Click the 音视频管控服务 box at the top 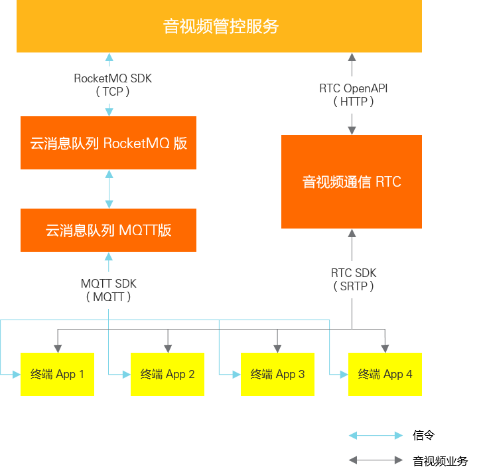tap(219, 27)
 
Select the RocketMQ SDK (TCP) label tap(112, 85)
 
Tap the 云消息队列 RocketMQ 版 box tap(108, 143)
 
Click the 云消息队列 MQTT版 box tap(108, 231)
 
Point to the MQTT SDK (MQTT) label tap(108, 290)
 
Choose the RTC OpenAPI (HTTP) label tap(353, 95)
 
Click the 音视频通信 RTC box tap(352, 182)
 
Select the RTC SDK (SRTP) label tap(353, 280)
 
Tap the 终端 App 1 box tap(57, 374)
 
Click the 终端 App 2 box tap(167, 374)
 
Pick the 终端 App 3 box tap(277, 374)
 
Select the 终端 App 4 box tap(385, 374)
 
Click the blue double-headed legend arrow tap(376, 436)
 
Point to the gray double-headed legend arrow tap(376, 460)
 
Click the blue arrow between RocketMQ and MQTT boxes tap(109, 189)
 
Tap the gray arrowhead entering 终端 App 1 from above tap(58, 347)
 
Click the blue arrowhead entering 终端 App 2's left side tap(125, 375)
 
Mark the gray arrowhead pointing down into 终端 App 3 tap(277, 347)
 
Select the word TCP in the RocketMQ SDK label tap(113, 92)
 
